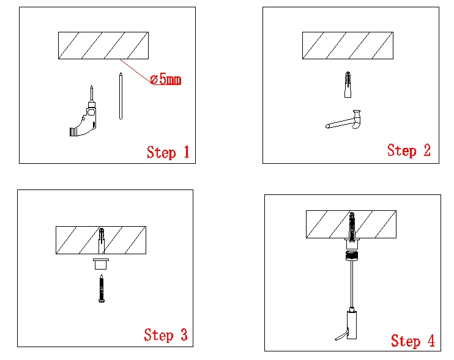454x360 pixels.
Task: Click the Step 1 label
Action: click(168, 152)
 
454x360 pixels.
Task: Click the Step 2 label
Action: click(409, 150)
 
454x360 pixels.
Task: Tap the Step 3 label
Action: click(166, 334)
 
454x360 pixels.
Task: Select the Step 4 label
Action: click(413, 340)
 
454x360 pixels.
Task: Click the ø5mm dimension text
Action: click(165, 79)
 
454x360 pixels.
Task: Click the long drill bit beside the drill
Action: click(121, 96)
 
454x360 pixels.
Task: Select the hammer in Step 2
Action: click(346, 120)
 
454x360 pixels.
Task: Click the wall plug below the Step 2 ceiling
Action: click(348, 84)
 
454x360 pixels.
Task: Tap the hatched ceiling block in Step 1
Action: click(103, 45)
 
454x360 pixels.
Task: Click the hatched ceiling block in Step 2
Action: click(348, 45)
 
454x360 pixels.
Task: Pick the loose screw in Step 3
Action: click(101, 288)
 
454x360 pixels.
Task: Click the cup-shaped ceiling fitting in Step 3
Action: click(101, 263)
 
